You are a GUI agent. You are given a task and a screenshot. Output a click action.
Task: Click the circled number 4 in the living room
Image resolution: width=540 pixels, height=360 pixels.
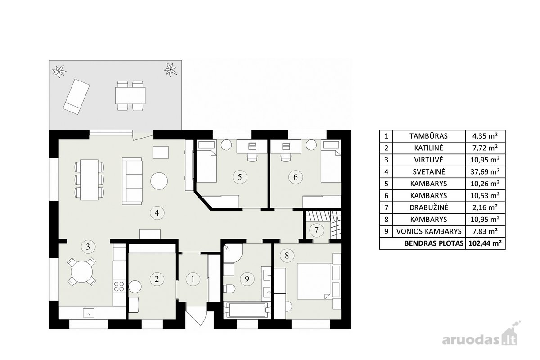point(157,213)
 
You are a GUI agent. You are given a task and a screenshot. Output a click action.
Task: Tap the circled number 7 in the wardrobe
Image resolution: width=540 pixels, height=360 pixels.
point(316,230)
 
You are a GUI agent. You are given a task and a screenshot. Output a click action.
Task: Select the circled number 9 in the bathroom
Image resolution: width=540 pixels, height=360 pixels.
point(247,279)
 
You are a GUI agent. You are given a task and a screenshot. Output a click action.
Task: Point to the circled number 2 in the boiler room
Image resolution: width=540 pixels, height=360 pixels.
point(157,279)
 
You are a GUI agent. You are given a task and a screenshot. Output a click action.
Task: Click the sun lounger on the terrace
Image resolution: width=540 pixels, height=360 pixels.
point(76,97)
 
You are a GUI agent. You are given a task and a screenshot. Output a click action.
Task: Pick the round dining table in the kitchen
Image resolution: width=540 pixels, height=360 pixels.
point(82,272)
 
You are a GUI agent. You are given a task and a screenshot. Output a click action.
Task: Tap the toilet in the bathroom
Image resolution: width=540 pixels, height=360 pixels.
point(229,288)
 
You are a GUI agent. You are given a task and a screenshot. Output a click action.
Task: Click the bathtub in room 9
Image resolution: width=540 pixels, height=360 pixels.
point(247,310)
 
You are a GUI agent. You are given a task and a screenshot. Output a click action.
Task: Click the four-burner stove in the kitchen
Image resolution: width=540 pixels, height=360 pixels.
point(119,287)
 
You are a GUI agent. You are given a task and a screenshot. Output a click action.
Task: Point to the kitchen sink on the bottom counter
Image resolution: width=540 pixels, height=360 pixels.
point(89,313)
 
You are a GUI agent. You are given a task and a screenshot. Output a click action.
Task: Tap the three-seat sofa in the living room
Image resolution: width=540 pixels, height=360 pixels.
point(132,181)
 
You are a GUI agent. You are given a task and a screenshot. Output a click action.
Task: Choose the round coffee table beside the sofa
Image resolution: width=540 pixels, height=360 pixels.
point(159,181)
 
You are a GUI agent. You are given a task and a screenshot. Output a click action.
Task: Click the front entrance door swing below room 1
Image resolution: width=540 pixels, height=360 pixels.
point(196,318)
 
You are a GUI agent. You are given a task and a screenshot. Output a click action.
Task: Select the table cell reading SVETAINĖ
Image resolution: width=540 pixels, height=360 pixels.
point(429,172)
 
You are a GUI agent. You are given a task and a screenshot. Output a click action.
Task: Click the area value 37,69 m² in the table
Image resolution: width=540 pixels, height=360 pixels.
point(485,172)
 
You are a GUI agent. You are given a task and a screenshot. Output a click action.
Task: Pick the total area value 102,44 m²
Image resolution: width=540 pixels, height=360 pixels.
point(485,243)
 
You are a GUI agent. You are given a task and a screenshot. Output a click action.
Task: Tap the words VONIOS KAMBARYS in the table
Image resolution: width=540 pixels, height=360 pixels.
point(429,231)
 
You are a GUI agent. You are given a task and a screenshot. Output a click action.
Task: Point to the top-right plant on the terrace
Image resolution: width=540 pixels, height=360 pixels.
point(170,70)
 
